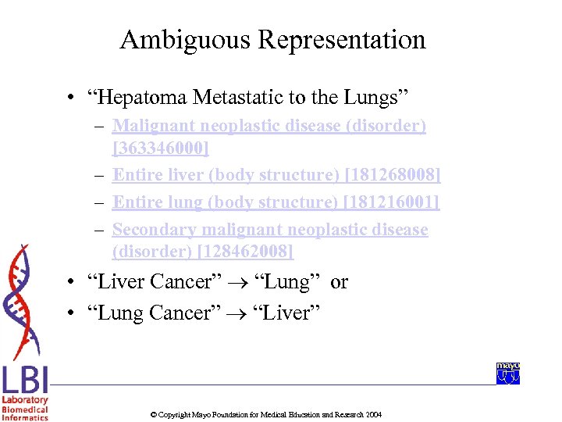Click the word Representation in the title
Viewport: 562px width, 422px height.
pos(337,41)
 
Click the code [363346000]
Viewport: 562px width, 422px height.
pos(161,148)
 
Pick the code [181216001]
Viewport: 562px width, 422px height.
pos(393,202)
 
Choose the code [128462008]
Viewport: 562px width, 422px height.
pos(245,252)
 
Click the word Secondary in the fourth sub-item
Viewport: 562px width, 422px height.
pos(154,230)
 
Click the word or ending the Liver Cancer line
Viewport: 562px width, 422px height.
pos(339,282)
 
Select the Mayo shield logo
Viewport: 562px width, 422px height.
pos(508,374)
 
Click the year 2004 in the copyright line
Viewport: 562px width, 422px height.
pos(373,414)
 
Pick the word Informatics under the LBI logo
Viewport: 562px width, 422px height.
pos(25,418)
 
